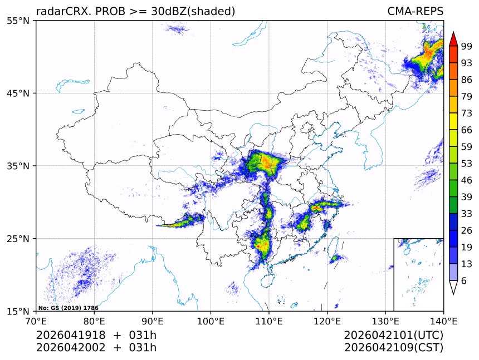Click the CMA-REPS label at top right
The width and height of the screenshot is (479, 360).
point(415,11)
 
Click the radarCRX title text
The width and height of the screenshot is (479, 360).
point(135,11)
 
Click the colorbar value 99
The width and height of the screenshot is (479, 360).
point(467,46)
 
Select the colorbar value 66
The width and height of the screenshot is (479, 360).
point(467,130)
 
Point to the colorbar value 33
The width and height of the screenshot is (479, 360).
point(467,214)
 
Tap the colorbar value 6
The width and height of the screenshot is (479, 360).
point(464,281)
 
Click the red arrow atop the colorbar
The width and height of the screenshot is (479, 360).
point(453,39)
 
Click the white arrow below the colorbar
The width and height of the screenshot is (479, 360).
point(453,288)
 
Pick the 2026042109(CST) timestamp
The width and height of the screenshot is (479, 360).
point(393,348)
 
